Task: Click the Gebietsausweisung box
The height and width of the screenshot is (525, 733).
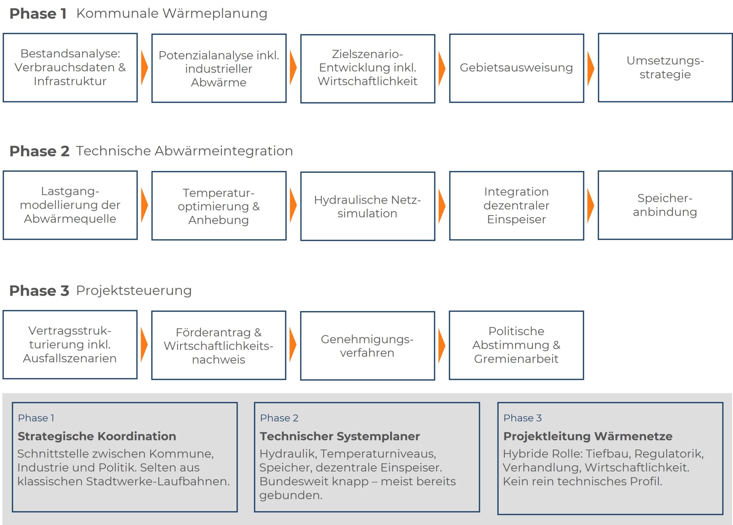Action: pos(516,68)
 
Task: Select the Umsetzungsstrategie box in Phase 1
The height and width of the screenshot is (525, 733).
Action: pos(665,68)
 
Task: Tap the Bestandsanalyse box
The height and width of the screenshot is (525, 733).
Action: pos(70,68)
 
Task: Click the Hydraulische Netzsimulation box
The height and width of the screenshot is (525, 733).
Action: pos(368,206)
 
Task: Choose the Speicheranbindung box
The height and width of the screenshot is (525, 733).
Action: pos(665,205)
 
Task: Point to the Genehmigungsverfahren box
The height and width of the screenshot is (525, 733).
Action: pos(368,346)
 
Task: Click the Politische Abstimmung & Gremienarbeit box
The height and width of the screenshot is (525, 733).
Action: pos(516,345)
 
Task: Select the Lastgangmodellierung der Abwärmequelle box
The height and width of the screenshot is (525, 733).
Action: pos(70,205)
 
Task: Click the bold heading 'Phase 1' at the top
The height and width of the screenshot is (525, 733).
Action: pos(38,14)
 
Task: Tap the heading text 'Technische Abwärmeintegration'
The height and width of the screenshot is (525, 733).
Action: pos(184,151)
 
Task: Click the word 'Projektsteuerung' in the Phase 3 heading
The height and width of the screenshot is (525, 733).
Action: pos(134,291)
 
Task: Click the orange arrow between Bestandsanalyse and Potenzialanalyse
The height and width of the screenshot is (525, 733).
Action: pos(144,68)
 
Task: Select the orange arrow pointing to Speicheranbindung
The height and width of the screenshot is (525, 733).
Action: pos(591,205)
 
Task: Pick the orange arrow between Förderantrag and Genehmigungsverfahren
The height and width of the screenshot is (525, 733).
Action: pos(293,345)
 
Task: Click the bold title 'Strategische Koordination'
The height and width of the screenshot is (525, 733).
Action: pos(97,436)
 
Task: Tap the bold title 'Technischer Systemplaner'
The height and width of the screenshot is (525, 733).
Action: pos(340,436)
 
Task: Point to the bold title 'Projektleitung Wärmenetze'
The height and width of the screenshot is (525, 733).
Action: pos(588,436)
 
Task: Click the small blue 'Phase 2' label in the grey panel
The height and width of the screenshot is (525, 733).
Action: pos(279,418)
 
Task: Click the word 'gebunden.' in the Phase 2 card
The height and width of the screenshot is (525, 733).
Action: pos(291,495)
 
